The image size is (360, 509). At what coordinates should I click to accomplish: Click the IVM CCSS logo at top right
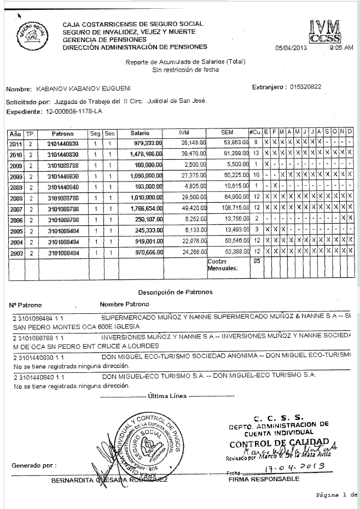pyautogui.click(x=324, y=32)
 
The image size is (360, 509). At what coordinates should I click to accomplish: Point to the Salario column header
pyautogui.click(x=140, y=133)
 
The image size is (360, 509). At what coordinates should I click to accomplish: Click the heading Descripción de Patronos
pyautogui.click(x=175, y=292)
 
